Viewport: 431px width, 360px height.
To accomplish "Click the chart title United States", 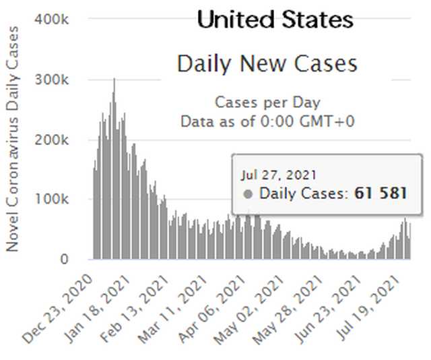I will click(275, 20).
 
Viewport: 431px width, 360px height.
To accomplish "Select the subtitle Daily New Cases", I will click(267, 64).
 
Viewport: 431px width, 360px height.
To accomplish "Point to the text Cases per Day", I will click(267, 103).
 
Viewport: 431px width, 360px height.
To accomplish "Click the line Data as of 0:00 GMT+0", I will click(267, 122).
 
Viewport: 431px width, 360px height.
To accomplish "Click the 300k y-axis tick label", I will click(56, 80).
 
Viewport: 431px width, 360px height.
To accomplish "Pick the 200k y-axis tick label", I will click(56, 140).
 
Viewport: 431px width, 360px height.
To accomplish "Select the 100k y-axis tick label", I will click(56, 200).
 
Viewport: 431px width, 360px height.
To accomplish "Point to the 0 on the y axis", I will click(64, 259).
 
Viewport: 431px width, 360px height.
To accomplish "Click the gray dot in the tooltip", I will click(248, 194).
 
